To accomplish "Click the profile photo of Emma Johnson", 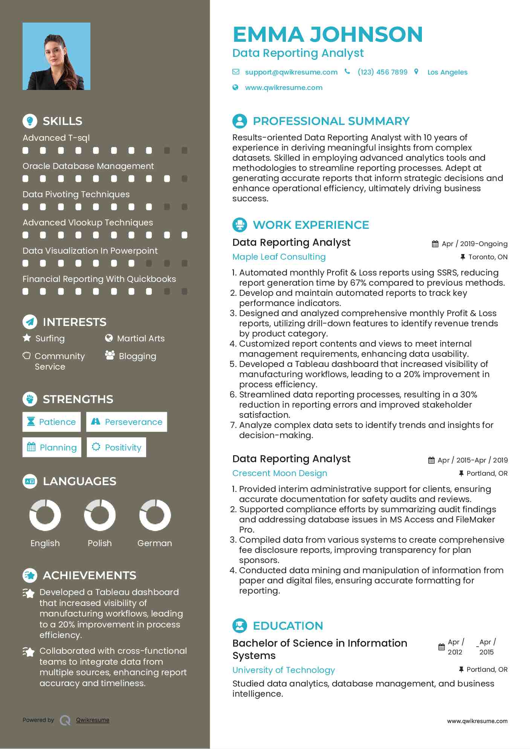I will (x=57, y=56).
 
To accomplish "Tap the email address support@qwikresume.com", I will (x=291, y=72).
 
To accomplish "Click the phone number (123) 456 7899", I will (x=382, y=72).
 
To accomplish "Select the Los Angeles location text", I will (x=447, y=72).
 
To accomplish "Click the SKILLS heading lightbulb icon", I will (x=30, y=121).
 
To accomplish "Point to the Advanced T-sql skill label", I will (x=56, y=138).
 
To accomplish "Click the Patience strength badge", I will (x=52, y=422).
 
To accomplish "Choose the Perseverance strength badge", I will (x=127, y=422).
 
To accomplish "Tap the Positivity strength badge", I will (x=116, y=447).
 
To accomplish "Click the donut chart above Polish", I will (x=100, y=515).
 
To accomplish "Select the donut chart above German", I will (x=155, y=515).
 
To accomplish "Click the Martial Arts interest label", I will (x=141, y=338).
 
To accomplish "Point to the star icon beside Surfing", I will (x=27, y=338).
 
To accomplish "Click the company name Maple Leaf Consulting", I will (x=279, y=257).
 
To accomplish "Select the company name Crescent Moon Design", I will (x=280, y=473).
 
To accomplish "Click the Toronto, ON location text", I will (x=488, y=257).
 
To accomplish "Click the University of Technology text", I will (x=283, y=670).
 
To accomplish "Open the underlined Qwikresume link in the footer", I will (x=93, y=720).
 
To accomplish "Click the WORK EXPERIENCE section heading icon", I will (x=240, y=225).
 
